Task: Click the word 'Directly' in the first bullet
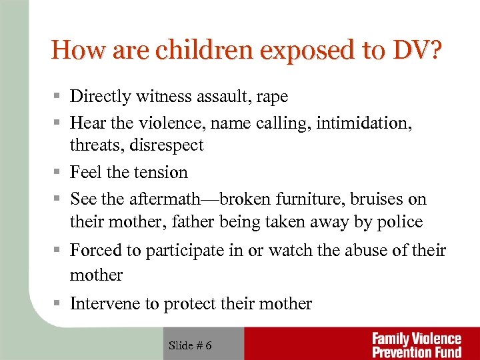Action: coord(100,97)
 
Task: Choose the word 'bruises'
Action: coord(376,199)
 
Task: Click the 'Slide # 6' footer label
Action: coord(191,345)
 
